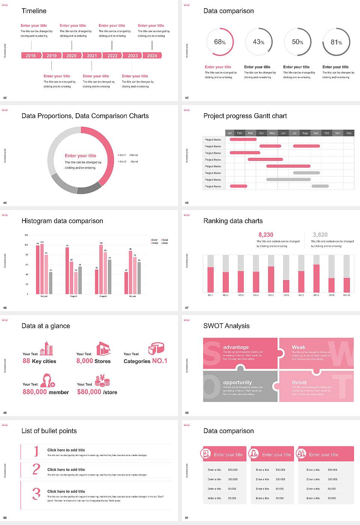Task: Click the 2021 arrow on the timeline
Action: pyautogui.click(x=92, y=55)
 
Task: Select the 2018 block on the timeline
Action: pyautogui.click(x=31, y=55)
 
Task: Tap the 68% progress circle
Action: pyautogui.click(x=220, y=42)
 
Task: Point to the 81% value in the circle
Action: pyautogui.click(x=336, y=42)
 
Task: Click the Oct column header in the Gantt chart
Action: pyautogui.click(x=327, y=133)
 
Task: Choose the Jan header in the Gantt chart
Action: pyautogui.click(x=229, y=133)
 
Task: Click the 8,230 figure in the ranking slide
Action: pyautogui.click(x=265, y=235)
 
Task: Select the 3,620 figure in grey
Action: pyautogui.click(x=320, y=235)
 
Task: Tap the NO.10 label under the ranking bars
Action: pyautogui.click(x=346, y=295)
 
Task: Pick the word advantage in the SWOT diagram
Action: pyautogui.click(x=235, y=347)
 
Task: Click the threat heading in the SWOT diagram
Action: pyautogui.click(x=299, y=382)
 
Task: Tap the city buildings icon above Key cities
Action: pyautogui.click(x=46, y=348)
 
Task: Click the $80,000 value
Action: pyautogui.click(x=89, y=392)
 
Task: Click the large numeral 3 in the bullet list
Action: pyautogui.click(x=36, y=493)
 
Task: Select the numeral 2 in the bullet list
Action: pyautogui.click(x=36, y=469)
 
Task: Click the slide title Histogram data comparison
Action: pyautogui.click(x=62, y=221)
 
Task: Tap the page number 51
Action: pyautogui.click(x=186, y=518)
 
